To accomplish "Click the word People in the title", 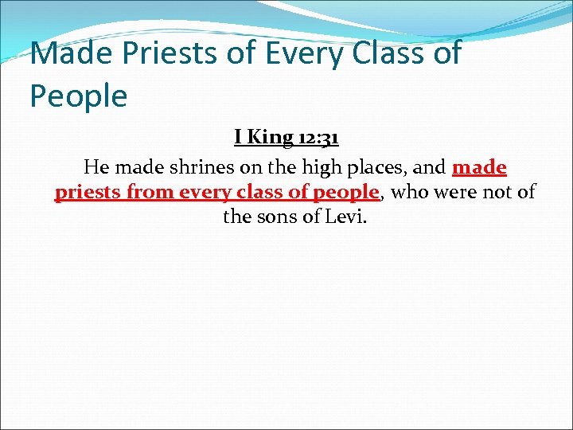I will tap(78, 96).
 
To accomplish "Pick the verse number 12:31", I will tap(318, 138).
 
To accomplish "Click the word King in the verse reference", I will tap(270, 138).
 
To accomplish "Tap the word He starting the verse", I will tap(95, 168).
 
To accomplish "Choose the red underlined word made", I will tap(479, 168).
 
